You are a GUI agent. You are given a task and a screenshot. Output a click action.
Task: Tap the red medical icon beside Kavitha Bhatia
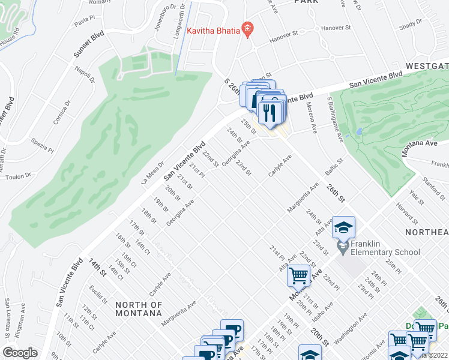click(246, 29)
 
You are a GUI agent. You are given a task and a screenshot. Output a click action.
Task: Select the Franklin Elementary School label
click(385, 252)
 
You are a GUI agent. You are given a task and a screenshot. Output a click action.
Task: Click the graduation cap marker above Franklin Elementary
click(343, 228)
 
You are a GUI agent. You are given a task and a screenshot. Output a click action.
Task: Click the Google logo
click(20, 353)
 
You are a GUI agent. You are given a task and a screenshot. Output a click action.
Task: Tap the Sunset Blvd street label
click(89, 45)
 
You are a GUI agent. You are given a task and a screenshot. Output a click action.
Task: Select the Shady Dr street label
click(411, 23)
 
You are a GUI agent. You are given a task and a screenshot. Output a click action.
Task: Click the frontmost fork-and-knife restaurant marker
click(268, 112)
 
